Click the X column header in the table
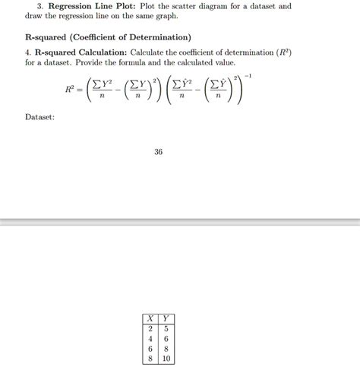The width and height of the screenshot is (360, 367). pos(150,319)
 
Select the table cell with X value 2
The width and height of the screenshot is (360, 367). pos(150,329)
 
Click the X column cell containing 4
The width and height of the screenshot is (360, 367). pos(150,339)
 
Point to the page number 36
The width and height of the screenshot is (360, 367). pos(158,152)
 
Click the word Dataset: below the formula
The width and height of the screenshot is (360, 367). pos(39,116)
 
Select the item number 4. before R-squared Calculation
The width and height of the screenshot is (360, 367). pos(27,52)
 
